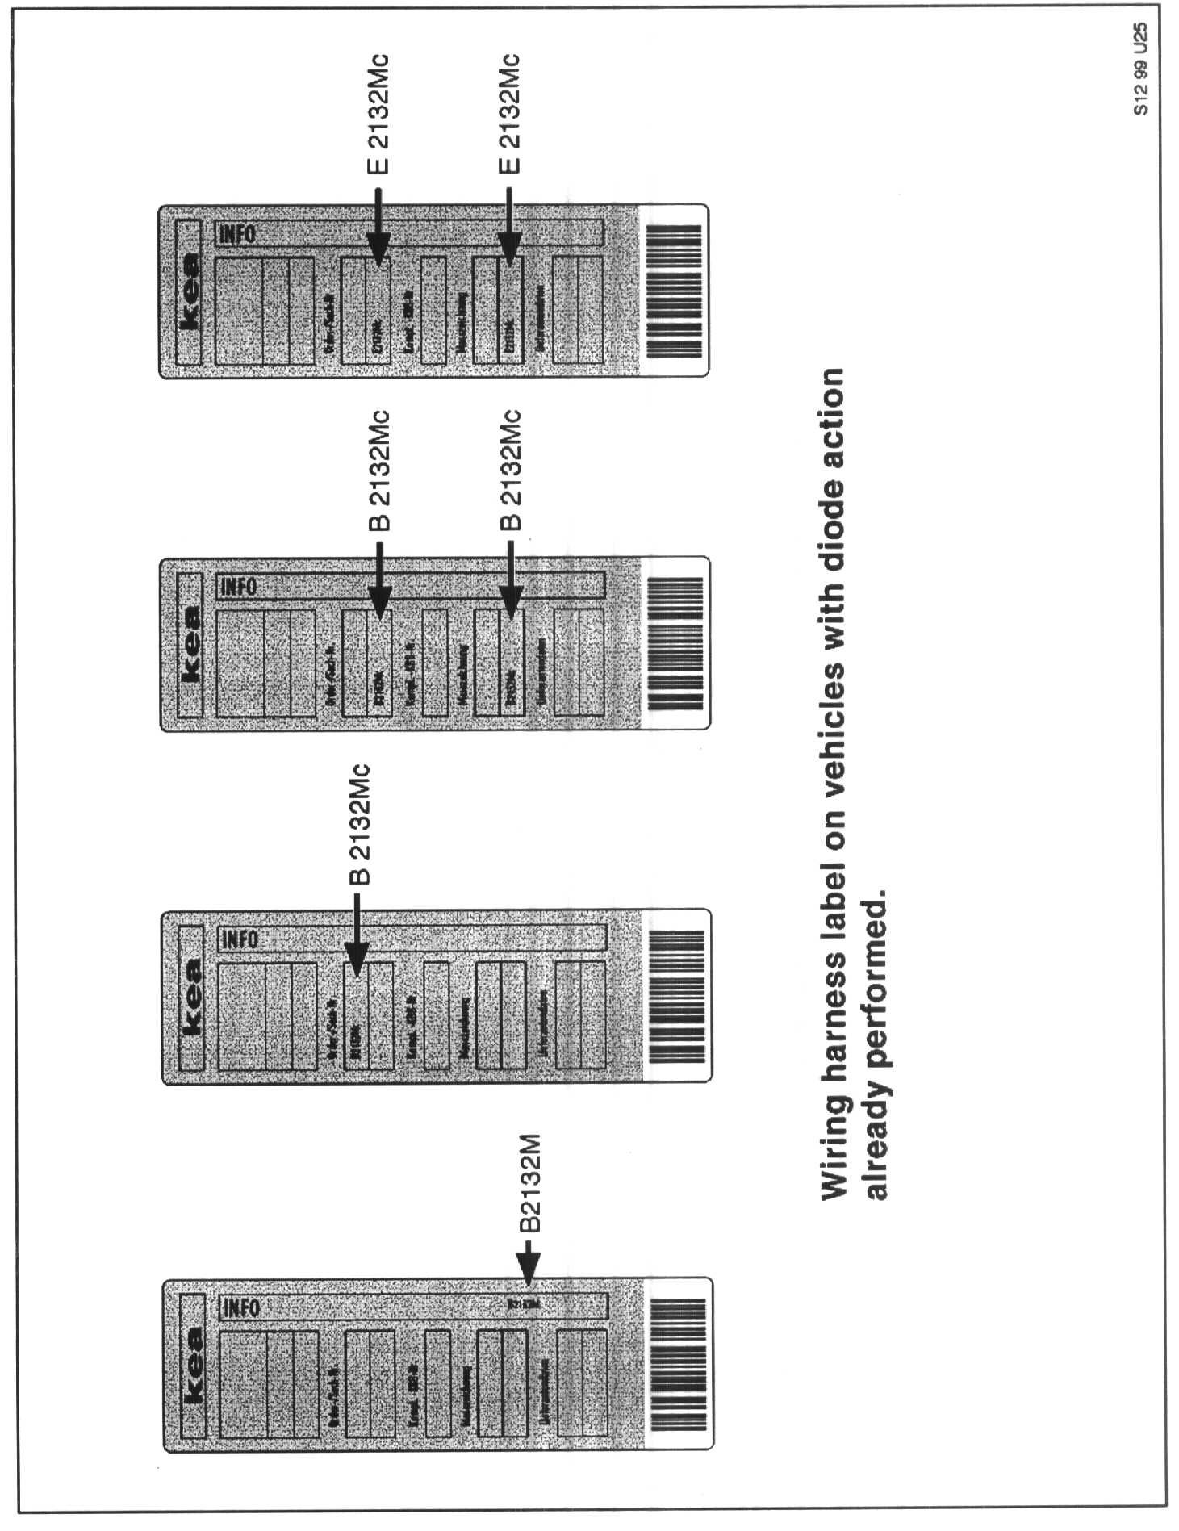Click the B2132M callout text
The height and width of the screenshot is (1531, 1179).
click(x=529, y=1184)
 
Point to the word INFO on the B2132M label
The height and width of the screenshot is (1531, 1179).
click(x=240, y=1307)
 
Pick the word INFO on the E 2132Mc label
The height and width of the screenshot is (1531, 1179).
click(x=236, y=234)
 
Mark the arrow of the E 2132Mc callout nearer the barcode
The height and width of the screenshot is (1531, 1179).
click(x=508, y=226)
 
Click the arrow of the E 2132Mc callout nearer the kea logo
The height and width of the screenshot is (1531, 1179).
click(x=378, y=226)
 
